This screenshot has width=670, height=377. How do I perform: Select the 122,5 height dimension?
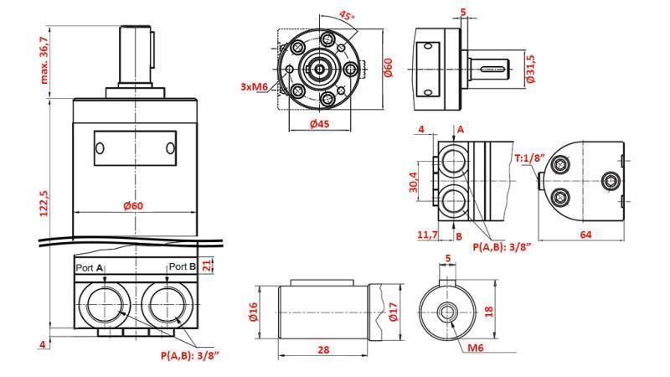click(44, 203)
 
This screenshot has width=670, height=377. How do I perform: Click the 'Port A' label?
click(90, 266)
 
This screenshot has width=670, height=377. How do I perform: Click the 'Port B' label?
click(183, 266)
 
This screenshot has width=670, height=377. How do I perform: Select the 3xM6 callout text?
click(253, 86)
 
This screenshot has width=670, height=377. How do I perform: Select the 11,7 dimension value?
click(428, 236)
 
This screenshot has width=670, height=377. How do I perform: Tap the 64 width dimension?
click(586, 235)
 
